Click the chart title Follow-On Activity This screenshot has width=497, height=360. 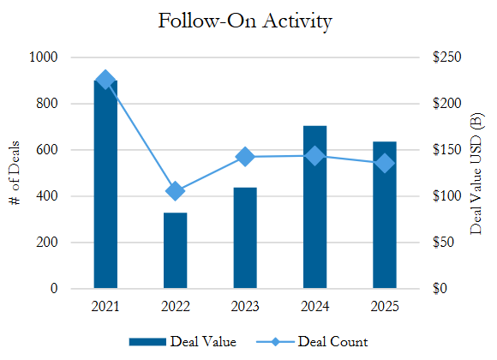(245, 21)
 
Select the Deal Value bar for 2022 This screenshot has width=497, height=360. (176, 250)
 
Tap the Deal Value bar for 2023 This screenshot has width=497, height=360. (245, 238)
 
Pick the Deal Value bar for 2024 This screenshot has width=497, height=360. (314, 207)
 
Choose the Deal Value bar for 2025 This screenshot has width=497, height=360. (385, 215)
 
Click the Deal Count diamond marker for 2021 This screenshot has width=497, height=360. (105, 80)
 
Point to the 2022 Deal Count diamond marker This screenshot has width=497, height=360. (176, 191)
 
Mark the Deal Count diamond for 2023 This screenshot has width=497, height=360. (245, 157)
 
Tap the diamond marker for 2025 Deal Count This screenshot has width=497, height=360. (385, 164)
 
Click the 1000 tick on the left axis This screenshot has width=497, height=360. (43, 57)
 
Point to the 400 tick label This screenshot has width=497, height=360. (46, 195)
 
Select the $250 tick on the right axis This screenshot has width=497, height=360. (447, 57)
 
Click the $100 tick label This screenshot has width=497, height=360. (447, 195)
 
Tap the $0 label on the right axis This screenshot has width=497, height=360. (440, 288)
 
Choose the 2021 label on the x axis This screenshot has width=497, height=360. (105, 306)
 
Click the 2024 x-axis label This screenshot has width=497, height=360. (314, 306)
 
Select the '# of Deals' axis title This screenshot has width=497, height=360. (15, 173)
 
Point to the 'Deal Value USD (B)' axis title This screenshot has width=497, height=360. (476, 173)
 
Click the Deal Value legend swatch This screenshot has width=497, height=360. (147, 342)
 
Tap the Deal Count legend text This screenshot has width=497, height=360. (332, 342)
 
